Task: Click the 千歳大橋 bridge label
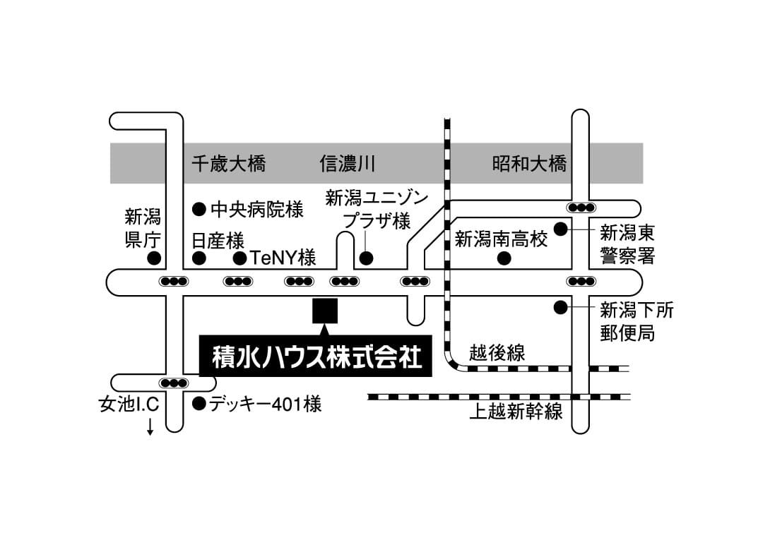[x=229, y=164]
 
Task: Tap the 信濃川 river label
[x=347, y=164]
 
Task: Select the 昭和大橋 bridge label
[x=529, y=164]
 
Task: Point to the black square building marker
[x=325, y=310]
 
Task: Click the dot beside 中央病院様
[x=199, y=209]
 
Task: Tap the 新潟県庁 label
[x=143, y=227]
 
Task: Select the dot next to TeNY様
[x=239, y=258]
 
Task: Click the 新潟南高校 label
[x=501, y=239]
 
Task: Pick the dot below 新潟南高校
[x=504, y=258]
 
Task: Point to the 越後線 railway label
[x=497, y=352]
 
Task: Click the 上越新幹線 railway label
[x=516, y=411]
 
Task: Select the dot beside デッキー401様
[x=199, y=404]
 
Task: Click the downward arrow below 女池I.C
[x=150, y=426]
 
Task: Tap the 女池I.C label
[x=129, y=405]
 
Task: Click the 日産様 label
[x=218, y=240]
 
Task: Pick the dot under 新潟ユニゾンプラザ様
[x=366, y=258]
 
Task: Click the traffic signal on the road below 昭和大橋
[x=581, y=208]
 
